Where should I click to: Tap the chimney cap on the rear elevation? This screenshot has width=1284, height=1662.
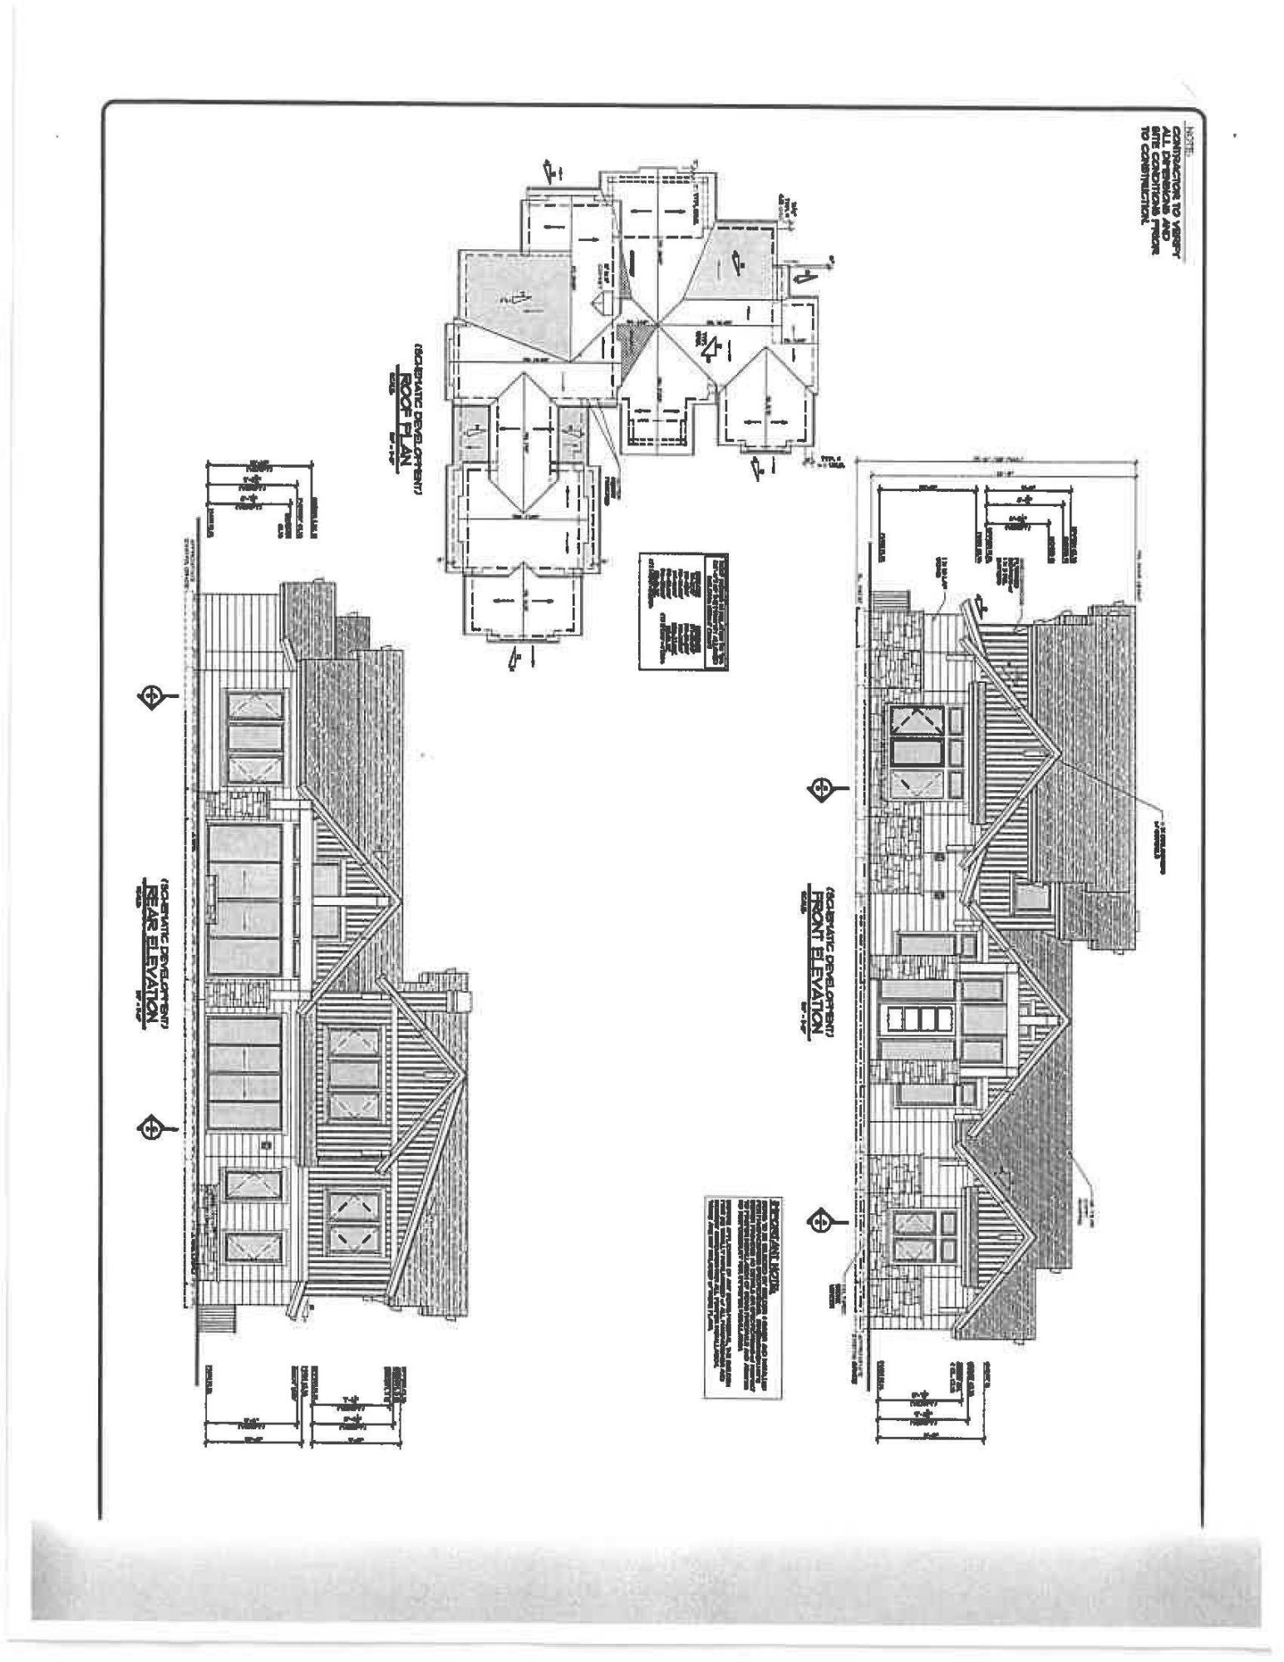pos(461,1001)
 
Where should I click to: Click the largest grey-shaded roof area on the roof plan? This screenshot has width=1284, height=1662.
pos(515,303)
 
